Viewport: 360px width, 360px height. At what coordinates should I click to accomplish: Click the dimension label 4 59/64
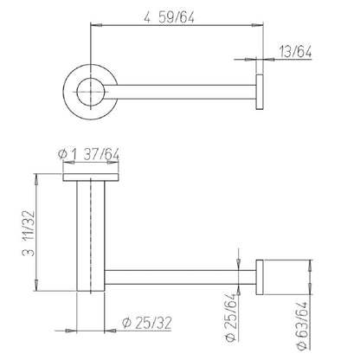[x=169, y=17]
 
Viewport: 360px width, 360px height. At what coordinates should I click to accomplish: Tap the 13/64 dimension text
[x=295, y=52]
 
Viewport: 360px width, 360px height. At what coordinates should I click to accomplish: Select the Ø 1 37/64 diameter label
[x=88, y=155]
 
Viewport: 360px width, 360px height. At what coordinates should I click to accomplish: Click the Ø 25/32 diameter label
[x=147, y=323]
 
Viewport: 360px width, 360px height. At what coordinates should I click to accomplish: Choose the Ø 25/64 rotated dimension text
[x=232, y=318]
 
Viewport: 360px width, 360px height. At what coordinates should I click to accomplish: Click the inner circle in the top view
[x=78, y=92]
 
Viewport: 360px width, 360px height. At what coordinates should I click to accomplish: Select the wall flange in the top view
[x=260, y=92]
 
